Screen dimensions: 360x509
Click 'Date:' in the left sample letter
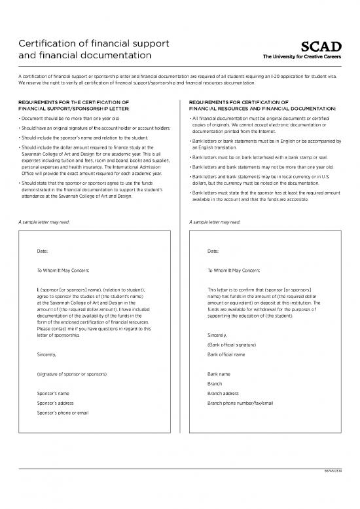pyautogui.click(x=43, y=252)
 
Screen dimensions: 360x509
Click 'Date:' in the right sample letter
pyautogui.click(x=212, y=252)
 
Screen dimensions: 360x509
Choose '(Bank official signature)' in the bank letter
pyautogui.click(x=230, y=345)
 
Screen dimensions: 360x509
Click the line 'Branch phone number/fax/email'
pyautogui.click(x=240, y=404)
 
